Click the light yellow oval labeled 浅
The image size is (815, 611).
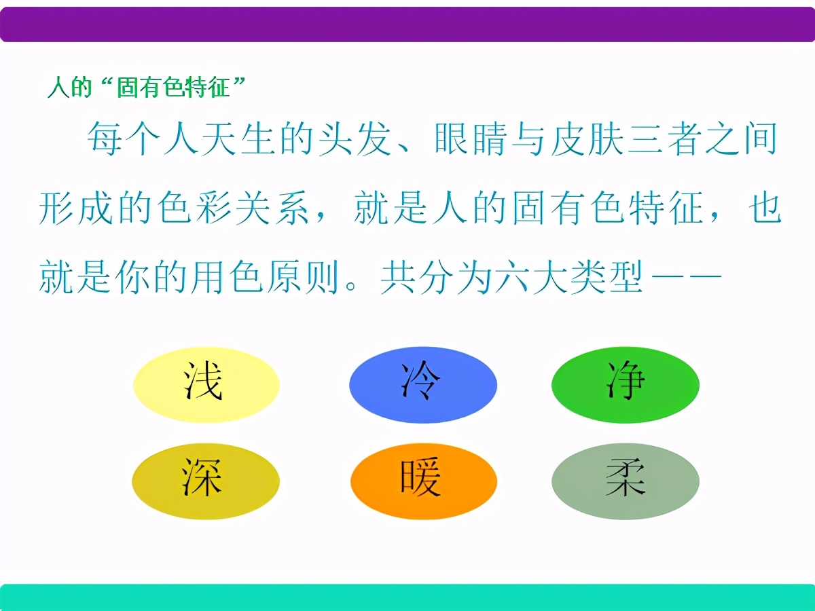click(x=206, y=385)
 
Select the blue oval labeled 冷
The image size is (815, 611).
click(x=422, y=385)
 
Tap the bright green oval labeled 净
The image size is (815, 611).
click(x=626, y=384)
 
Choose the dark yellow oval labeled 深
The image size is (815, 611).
click(x=205, y=481)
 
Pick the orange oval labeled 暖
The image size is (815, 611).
click(x=423, y=481)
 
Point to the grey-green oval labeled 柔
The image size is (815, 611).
click(x=626, y=481)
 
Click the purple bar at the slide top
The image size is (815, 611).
click(x=407, y=24)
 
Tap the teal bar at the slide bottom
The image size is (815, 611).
click(x=407, y=597)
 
